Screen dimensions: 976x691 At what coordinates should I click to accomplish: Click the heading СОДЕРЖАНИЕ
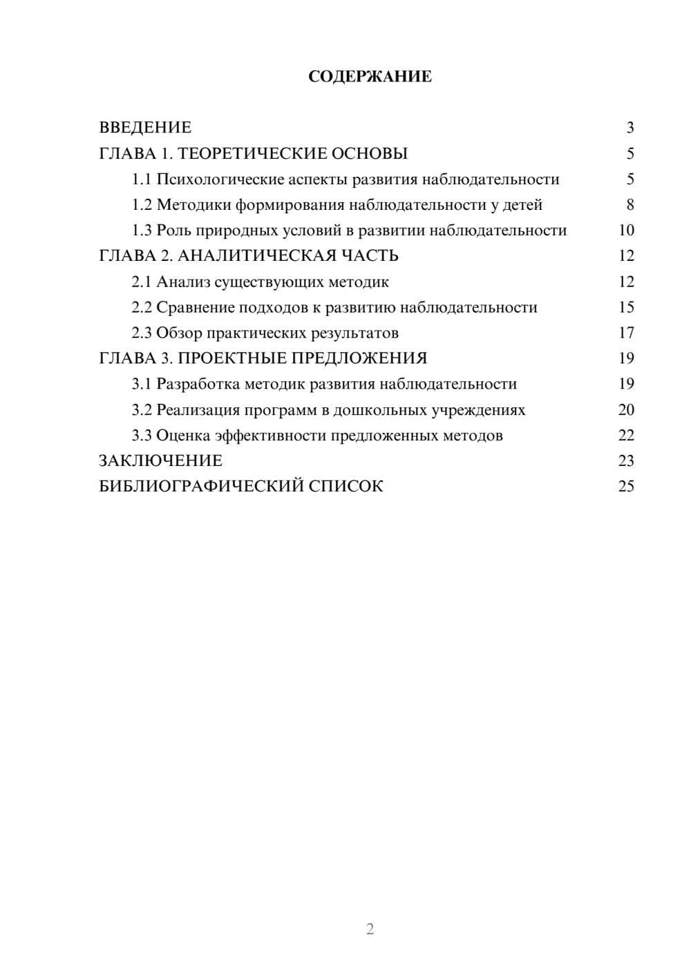(370, 77)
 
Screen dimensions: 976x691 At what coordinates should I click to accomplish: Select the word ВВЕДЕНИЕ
(145, 128)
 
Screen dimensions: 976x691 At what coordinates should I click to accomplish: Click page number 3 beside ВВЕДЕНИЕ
(630, 128)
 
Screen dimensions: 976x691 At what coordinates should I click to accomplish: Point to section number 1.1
(141, 179)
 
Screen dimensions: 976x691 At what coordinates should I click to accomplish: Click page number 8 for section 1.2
(630, 205)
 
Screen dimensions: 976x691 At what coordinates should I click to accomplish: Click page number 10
(626, 231)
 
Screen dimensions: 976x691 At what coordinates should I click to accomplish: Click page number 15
(626, 307)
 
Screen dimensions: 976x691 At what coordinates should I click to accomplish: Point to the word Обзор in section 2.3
(176, 333)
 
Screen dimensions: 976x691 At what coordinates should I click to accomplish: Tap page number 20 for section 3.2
(626, 410)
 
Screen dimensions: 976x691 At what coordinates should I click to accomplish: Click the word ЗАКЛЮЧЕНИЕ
(160, 460)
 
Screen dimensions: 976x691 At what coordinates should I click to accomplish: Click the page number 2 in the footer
(370, 929)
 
